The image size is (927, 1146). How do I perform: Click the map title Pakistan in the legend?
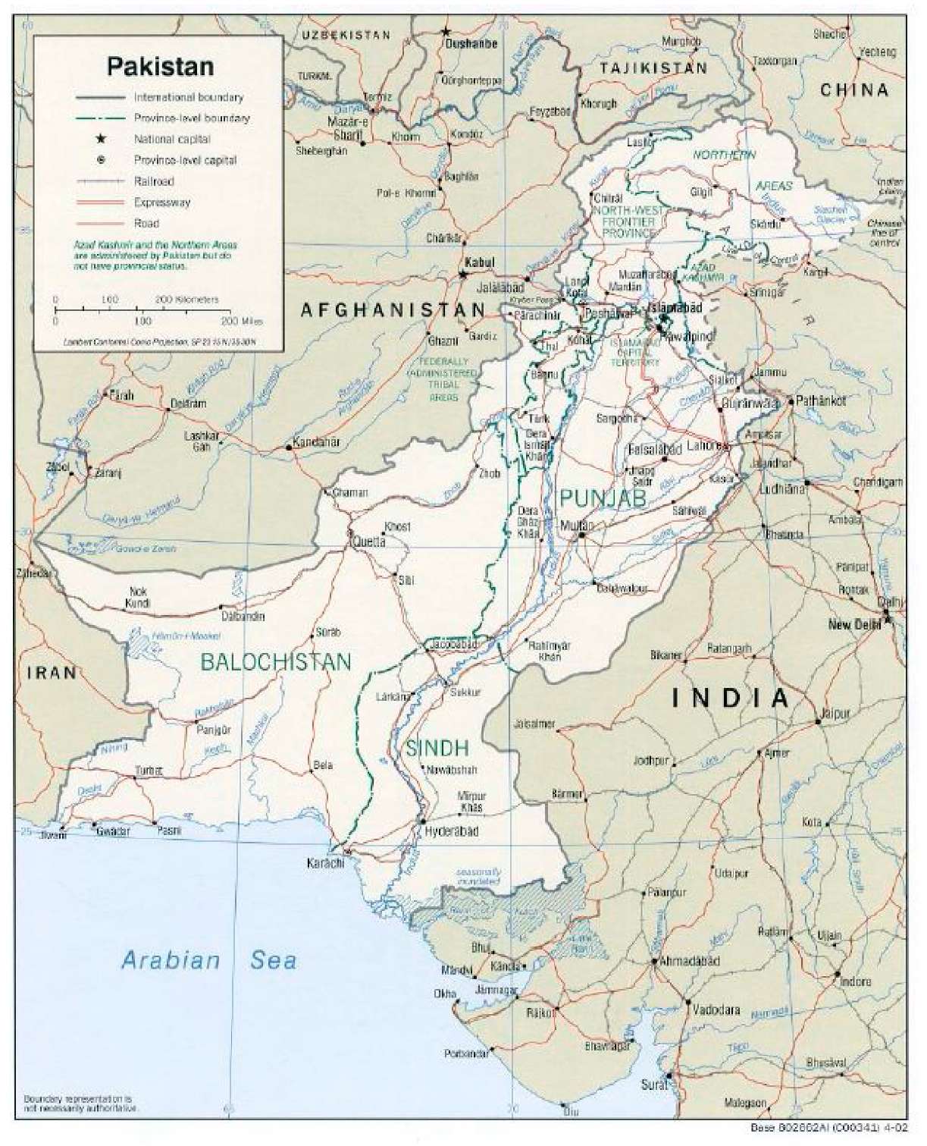pos(160,66)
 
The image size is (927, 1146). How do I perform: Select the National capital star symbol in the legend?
pos(99,140)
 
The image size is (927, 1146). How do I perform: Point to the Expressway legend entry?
pos(161,203)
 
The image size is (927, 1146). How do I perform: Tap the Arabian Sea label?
pos(208,960)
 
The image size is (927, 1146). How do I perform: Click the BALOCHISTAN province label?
pos(276,662)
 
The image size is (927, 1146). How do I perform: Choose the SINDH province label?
pos(437,749)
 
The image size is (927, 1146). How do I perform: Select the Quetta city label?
pos(367,542)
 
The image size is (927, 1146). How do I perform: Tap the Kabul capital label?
pos(479,262)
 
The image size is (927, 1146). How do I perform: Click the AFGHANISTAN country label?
pos(393,309)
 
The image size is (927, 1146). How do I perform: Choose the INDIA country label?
pos(731,698)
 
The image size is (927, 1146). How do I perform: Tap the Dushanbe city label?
pos(471,44)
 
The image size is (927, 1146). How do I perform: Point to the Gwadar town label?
pos(113,831)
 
